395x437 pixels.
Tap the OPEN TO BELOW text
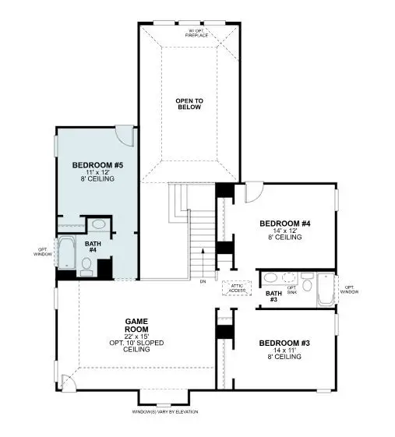[188, 104]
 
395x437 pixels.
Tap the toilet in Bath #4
[86, 266]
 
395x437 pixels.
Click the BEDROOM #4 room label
[284, 224]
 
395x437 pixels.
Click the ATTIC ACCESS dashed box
[238, 287]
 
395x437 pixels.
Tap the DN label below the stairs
[203, 280]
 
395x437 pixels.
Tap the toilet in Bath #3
[307, 285]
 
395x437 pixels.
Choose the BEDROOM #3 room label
[284, 343]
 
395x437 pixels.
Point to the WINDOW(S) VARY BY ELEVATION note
[165, 411]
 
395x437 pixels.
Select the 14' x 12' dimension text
[284, 231]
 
